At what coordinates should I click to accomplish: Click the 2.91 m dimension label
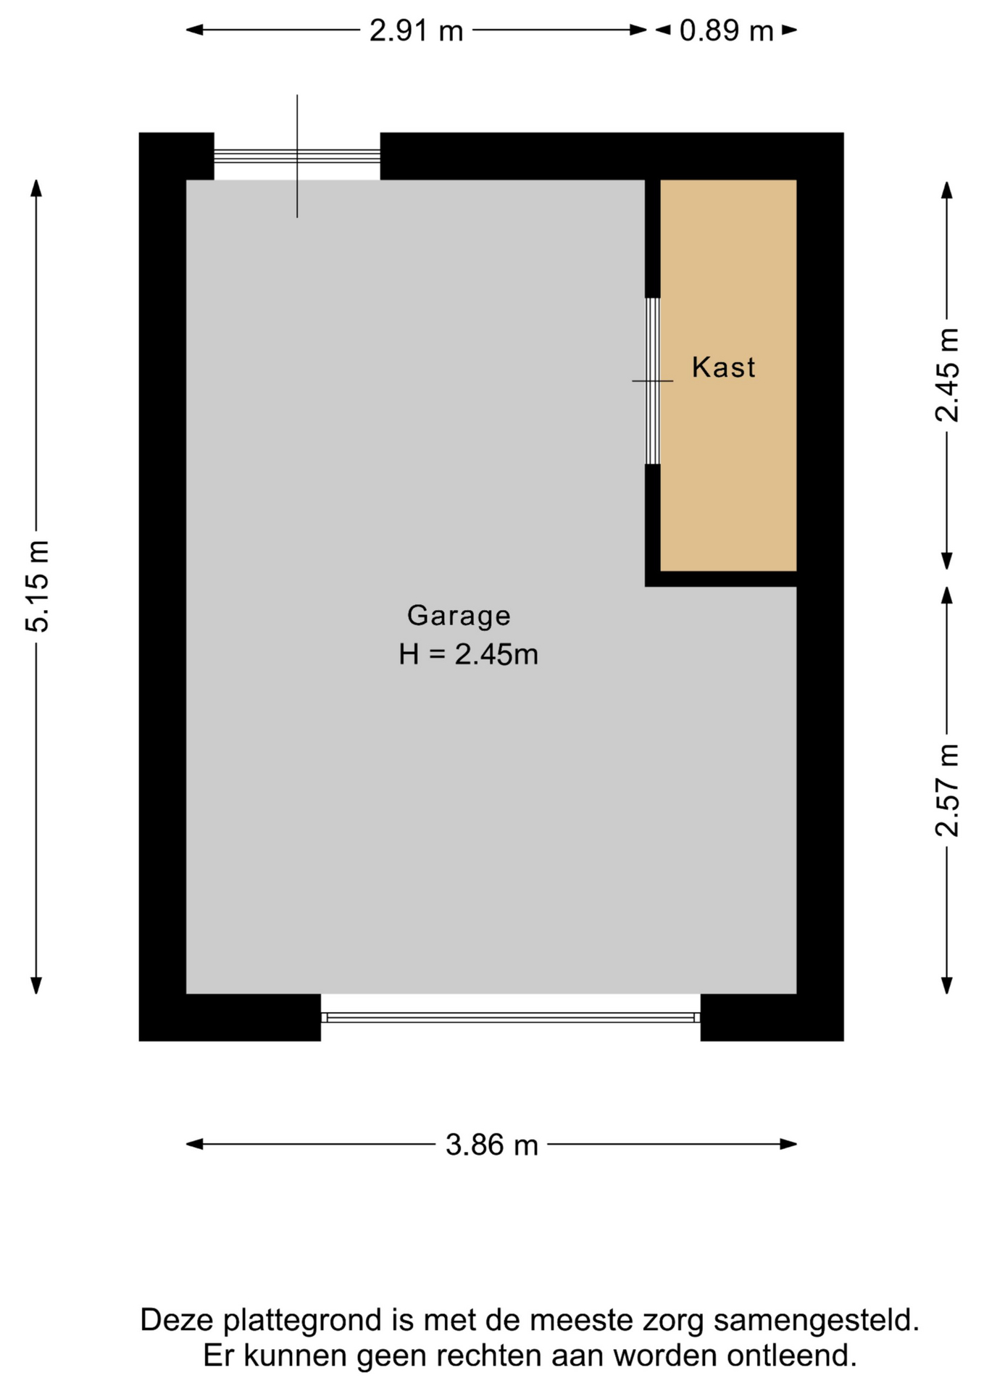click(416, 31)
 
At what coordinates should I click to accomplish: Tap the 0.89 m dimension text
click(726, 31)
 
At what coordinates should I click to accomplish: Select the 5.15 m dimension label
click(37, 586)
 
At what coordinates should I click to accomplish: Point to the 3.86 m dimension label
click(492, 1145)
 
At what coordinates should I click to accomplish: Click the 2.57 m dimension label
click(947, 790)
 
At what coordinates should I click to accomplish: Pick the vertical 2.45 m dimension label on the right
click(947, 375)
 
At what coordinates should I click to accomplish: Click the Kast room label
click(723, 367)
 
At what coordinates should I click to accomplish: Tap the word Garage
click(459, 616)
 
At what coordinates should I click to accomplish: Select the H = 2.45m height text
click(468, 655)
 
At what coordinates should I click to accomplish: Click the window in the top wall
click(297, 156)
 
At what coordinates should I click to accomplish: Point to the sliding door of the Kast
click(653, 381)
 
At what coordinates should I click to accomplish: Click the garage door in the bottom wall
click(511, 1017)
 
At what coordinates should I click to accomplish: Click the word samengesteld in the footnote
click(817, 1321)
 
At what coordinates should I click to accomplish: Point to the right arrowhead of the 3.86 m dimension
click(788, 1145)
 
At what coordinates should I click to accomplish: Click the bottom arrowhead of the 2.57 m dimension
click(946, 985)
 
